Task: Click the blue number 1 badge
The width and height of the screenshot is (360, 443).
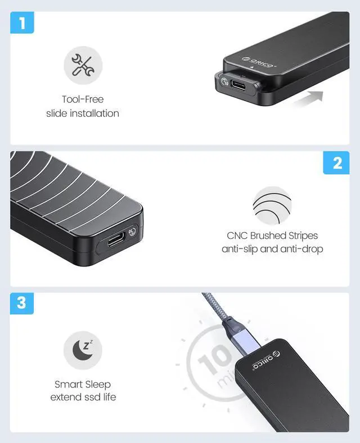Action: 22,22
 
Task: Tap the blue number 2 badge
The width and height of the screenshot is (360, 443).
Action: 336,162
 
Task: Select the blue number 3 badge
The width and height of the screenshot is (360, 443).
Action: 22,304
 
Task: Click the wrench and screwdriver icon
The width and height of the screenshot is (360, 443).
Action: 83,65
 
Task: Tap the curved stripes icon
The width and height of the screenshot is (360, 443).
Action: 272,205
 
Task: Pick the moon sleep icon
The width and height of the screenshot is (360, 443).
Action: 83,350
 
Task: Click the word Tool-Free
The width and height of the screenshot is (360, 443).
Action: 83,99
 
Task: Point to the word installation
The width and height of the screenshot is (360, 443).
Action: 94,114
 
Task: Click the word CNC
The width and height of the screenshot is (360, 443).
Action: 237,236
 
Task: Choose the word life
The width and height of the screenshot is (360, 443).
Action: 109,397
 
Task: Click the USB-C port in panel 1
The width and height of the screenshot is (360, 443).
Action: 239,85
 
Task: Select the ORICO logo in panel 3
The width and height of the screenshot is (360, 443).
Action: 267,360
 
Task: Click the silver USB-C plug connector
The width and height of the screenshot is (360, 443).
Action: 248,342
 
